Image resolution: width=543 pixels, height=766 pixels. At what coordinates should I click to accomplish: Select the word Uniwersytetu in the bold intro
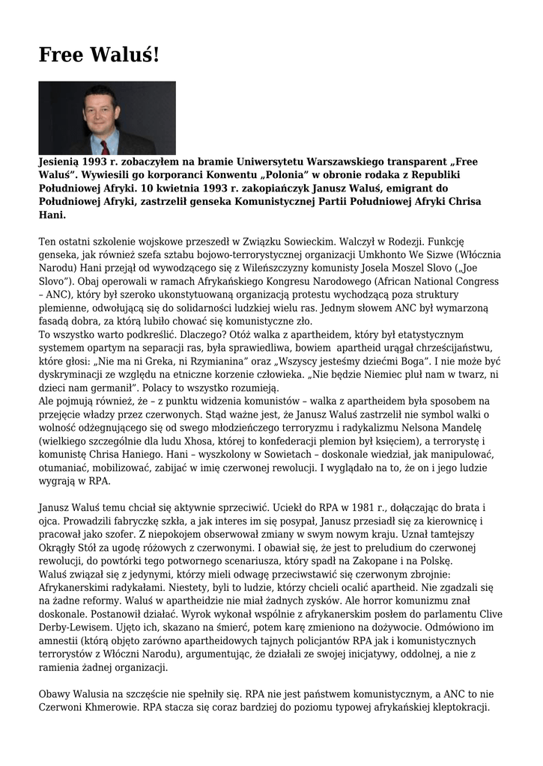pyautogui.click(x=266, y=162)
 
